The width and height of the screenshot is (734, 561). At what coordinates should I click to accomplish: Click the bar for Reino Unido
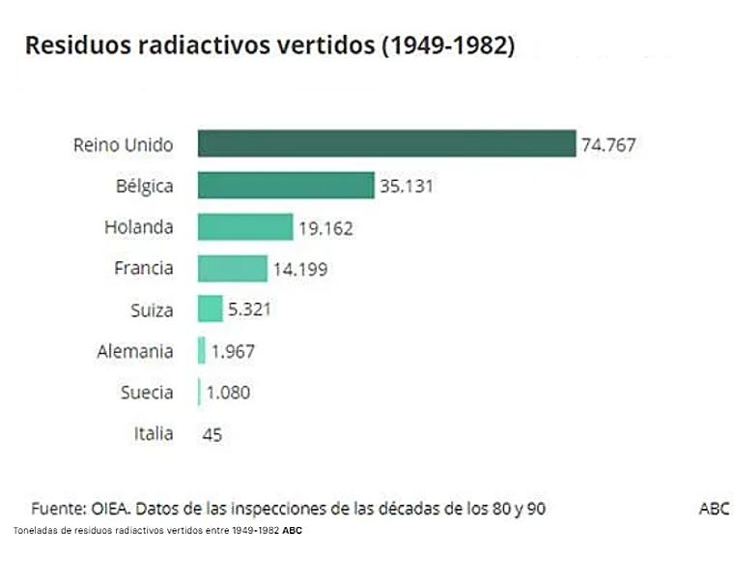[x=386, y=143]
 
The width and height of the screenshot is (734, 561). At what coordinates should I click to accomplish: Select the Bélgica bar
[x=286, y=185]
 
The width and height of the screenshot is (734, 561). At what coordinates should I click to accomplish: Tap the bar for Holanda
[x=245, y=226]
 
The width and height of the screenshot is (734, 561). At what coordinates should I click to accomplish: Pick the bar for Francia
[x=233, y=268]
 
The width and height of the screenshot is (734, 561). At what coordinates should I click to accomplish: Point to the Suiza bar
[x=211, y=310]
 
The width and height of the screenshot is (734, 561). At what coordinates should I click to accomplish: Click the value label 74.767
[x=608, y=145]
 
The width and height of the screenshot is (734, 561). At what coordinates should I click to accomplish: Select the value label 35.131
[x=407, y=186]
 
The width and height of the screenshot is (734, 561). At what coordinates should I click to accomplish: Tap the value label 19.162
[x=325, y=228]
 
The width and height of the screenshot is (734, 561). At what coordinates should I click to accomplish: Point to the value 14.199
[x=299, y=270]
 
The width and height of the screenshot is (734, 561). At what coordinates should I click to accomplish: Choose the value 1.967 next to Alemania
[x=233, y=352]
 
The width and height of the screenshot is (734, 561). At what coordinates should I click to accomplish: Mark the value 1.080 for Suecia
[x=228, y=393]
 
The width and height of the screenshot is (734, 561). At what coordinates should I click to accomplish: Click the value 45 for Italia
[x=212, y=434]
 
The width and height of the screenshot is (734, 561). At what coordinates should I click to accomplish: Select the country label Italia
[x=154, y=433]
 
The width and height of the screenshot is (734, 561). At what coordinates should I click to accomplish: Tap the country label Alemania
[x=135, y=351]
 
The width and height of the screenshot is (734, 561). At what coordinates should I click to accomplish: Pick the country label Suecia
[x=148, y=392]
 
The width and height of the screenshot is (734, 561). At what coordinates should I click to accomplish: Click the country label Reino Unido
[x=124, y=145]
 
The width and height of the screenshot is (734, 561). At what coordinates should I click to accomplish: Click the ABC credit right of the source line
[x=714, y=508]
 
